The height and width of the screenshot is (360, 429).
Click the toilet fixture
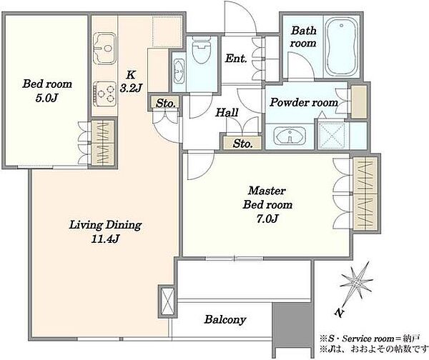coord(202,50)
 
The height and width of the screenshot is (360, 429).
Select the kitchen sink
coord(104,49)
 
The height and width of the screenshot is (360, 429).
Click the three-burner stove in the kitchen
coord(104,94)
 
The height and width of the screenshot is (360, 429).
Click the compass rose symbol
coord(356,283)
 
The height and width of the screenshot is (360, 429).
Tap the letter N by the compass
coord(340,312)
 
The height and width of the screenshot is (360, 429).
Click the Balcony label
coord(225,319)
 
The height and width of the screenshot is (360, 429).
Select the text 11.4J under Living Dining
coord(105,239)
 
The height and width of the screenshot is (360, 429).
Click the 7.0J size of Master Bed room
coord(267,219)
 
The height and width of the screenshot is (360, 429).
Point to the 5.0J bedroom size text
coord(46,98)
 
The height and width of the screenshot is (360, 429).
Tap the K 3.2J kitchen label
coord(131,81)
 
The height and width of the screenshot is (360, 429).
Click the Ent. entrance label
coord(236,59)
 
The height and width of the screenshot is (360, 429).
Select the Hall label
coord(227,112)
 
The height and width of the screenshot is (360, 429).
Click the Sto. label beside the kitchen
coord(166,104)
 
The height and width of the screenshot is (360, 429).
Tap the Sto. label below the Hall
coord(242,144)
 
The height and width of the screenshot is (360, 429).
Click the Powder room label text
coord(304,103)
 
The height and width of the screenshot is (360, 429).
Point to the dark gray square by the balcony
coord(292,321)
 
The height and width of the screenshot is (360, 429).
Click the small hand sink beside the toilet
coord(179,71)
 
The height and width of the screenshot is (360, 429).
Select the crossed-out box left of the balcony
coord(167,301)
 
